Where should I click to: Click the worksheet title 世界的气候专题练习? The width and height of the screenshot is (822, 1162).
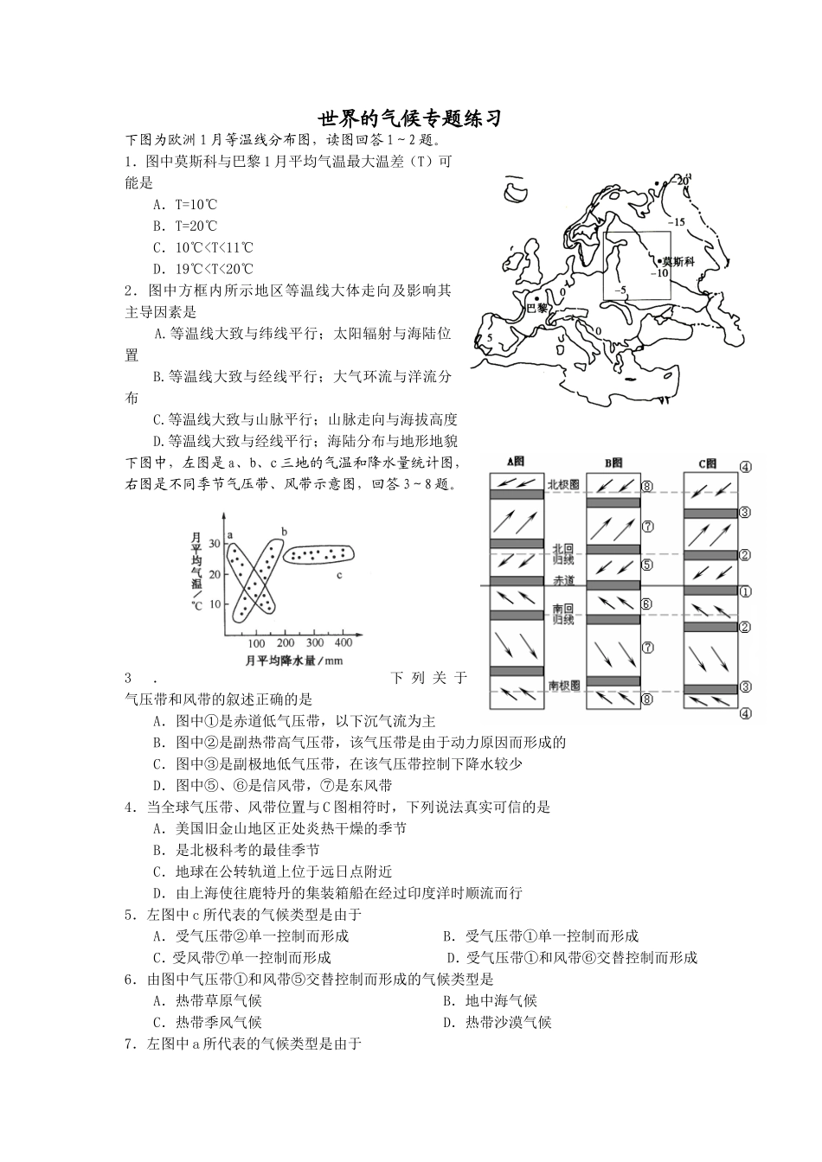pos(410,118)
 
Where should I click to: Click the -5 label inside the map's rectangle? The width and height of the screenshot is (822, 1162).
pos(619,290)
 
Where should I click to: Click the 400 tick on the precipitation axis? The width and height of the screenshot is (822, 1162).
pos(343,642)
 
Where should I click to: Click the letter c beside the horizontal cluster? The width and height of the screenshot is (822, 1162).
pos(340,574)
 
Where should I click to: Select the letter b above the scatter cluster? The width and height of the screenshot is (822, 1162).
pos(284,530)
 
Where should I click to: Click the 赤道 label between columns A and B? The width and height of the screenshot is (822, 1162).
pos(563,581)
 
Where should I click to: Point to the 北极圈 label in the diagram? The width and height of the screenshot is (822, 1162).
pos(563,484)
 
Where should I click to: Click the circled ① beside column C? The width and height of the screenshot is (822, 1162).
pos(744,592)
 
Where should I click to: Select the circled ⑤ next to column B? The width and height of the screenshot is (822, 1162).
pos(646,565)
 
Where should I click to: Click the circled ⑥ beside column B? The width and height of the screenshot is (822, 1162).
pos(646,603)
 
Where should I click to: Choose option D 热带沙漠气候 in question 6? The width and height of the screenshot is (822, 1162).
pos(498,1022)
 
